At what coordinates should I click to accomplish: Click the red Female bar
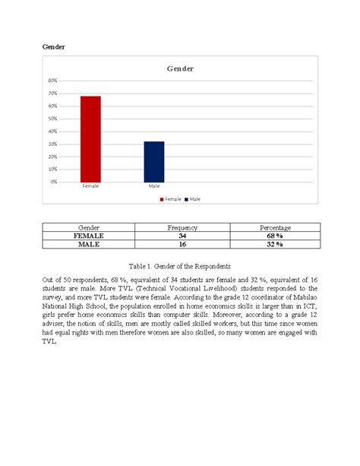[x=91, y=139]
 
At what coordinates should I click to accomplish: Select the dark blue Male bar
[x=154, y=161]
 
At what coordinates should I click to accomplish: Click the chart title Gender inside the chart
[x=180, y=68]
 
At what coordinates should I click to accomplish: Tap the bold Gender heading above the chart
[x=53, y=47]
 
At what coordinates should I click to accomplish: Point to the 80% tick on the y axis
[x=52, y=81]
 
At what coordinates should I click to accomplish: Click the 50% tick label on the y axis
[x=52, y=119]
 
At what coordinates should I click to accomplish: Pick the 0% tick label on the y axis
[x=53, y=182]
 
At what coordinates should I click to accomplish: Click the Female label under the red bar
[x=90, y=185]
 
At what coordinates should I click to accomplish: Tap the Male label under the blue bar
[x=154, y=185]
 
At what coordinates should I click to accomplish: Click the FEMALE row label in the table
[x=89, y=236]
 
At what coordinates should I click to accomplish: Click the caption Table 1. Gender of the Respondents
[x=179, y=266]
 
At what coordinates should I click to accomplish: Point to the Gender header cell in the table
[x=89, y=228]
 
